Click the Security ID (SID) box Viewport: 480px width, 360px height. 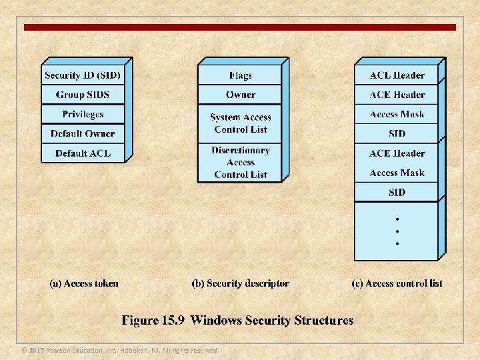tap(83, 75)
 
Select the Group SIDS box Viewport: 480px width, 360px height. tap(83, 95)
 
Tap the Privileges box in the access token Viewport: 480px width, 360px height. tap(83, 114)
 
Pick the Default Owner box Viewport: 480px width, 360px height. tap(83, 133)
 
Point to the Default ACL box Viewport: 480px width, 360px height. tap(83, 153)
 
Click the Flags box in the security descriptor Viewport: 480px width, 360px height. tap(240, 75)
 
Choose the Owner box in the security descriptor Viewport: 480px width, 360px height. tap(240, 95)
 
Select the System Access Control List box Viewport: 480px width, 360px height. tap(240, 123)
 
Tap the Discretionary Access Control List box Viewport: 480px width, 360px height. tap(240, 163)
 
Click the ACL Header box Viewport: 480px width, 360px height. tap(397, 75)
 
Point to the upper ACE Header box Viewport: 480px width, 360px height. tap(397, 95)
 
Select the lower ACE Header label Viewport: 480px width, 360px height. tap(397, 153)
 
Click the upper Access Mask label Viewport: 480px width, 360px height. tap(397, 114)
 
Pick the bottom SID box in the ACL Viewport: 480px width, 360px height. tap(397, 192)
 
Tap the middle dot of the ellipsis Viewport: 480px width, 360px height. tap(397, 231)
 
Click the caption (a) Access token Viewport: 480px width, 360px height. tap(84, 283)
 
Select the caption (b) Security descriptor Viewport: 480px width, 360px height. tap(240, 283)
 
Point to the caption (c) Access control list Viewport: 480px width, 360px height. tap(397, 283)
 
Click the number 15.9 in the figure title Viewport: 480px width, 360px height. tap(173, 321)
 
